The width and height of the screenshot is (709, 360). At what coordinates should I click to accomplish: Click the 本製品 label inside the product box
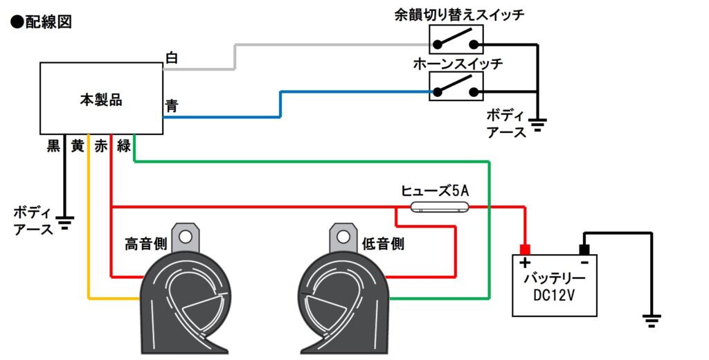pyautogui.click(x=101, y=100)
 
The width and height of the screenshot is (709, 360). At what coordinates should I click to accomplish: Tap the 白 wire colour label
pyautogui.click(x=172, y=58)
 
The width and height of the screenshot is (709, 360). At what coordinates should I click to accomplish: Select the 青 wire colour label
pyautogui.click(x=172, y=106)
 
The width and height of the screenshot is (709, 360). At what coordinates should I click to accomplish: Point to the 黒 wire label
pyautogui.click(x=53, y=145)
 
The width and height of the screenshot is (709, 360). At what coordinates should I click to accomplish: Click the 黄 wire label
pyautogui.click(x=78, y=145)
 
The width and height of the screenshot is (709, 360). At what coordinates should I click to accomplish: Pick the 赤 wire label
pyautogui.click(x=100, y=145)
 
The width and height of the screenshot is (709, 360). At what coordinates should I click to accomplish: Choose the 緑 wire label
pyautogui.click(x=124, y=145)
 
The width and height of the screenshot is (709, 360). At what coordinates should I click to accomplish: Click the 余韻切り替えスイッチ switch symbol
pyautogui.click(x=456, y=39)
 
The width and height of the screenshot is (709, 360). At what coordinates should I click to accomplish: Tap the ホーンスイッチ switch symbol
pyautogui.click(x=456, y=87)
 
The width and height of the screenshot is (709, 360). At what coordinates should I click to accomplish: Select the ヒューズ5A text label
pyautogui.click(x=435, y=191)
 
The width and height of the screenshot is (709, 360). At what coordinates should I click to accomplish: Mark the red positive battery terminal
pyautogui.click(x=525, y=249)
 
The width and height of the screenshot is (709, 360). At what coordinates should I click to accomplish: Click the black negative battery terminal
pyautogui.click(x=584, y=249)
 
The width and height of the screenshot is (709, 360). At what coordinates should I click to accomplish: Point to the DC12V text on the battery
pyautogui.click(x=554, y=296)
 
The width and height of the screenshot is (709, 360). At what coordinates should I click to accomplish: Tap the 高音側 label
pyautogui.click(x=145, y=244)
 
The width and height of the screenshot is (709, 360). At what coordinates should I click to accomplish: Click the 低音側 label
pyautogui.click(x=383, y=244)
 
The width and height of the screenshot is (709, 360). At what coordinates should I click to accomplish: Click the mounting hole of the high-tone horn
pyautogui.click(x=185, y=236)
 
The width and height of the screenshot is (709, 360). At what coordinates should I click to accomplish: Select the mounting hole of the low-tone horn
pyautogui.click(x=343, y=236)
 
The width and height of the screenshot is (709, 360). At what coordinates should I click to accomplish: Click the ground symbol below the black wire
pyautogui.click(x=65, y=223)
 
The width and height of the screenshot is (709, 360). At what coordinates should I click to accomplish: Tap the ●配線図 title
pyautogui.click(x=41, y=21)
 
